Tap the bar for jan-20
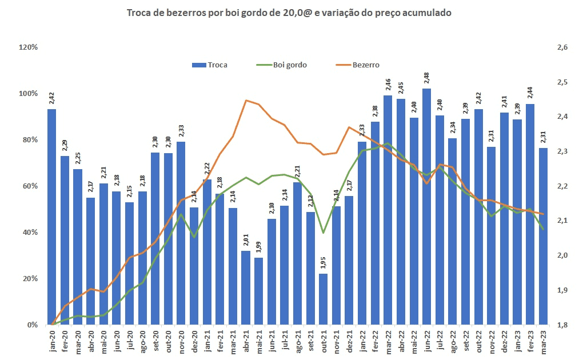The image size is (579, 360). click(x=51, y=217)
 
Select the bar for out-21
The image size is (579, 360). click(x=323, y=299)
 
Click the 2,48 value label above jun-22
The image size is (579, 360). click(x=426, y=79)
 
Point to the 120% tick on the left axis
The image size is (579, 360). click(x=29, y=47)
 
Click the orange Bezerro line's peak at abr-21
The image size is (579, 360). click(x=246, y=101)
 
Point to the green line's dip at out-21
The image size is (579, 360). click(x=324, y=233)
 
